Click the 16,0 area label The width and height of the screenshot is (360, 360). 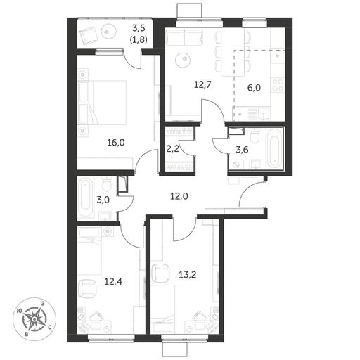click(116, 143)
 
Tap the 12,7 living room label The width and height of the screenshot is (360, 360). click(203, 84)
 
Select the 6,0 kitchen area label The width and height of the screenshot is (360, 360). click(255, 88)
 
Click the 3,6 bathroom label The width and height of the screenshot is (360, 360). click(242, 150)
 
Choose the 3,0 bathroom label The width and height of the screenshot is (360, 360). click(103, 200)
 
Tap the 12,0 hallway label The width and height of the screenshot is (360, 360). click(179, 196)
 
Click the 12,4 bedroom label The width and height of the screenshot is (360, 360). click(113, 281)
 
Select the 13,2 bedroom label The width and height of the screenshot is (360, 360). click(188, 274)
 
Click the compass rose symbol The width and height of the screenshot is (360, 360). click(34, 319)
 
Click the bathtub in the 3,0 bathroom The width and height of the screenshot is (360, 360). click(86, 198)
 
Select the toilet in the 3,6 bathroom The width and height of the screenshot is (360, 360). click(255, 136)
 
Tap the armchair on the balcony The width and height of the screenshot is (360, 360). click(89, 35)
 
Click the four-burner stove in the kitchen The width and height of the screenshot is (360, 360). click(278, 86)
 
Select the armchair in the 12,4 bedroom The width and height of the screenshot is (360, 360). click(87, 288)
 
